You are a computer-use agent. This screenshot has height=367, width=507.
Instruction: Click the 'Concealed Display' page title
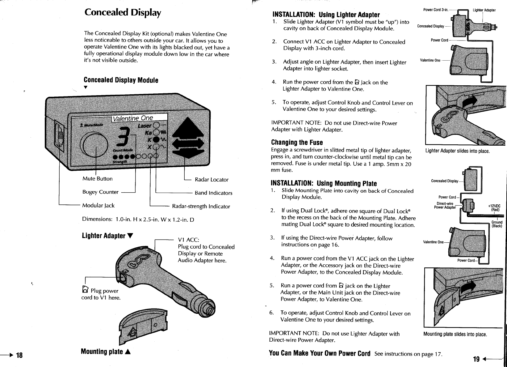pos(123,13)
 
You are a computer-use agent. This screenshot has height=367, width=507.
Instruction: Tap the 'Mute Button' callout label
pos(97,179)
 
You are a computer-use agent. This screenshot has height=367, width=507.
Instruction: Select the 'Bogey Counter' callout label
pos(100,192)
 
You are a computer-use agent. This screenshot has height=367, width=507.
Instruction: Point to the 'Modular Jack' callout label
pos(98,206)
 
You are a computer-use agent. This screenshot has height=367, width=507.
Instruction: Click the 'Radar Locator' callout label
pos(212,180)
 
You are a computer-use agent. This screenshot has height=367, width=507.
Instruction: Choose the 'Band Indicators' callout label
pos(213,193)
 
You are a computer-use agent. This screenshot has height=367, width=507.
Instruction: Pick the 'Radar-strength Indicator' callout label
pos(201,206)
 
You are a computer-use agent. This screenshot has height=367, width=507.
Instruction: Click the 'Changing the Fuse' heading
pos(297,143)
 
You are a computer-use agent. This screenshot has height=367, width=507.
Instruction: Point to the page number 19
pos(476,359)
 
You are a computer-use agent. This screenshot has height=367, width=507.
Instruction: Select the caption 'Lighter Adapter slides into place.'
pos(457,151)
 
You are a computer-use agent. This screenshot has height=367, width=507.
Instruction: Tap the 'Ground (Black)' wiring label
pos(497,224)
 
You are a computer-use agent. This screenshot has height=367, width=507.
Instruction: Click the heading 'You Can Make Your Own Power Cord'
pos(320,353)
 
